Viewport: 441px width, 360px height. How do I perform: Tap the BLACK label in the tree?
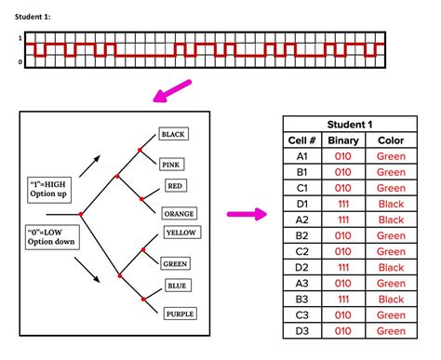173,134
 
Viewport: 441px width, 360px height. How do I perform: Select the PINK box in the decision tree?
171,165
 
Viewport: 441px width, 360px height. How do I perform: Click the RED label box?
175,186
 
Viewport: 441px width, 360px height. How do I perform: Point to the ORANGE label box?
179,213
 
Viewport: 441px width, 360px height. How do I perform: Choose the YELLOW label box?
179,232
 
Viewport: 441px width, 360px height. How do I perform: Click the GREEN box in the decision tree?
176,263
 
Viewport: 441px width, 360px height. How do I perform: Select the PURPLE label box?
180,313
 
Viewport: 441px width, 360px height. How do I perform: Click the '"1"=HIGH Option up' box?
53,191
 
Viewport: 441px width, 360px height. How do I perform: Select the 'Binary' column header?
342,140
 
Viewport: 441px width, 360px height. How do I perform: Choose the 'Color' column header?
392,140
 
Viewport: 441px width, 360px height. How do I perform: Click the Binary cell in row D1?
342,204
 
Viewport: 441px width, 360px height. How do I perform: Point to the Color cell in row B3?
392,299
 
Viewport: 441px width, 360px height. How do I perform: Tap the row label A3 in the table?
301,283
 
